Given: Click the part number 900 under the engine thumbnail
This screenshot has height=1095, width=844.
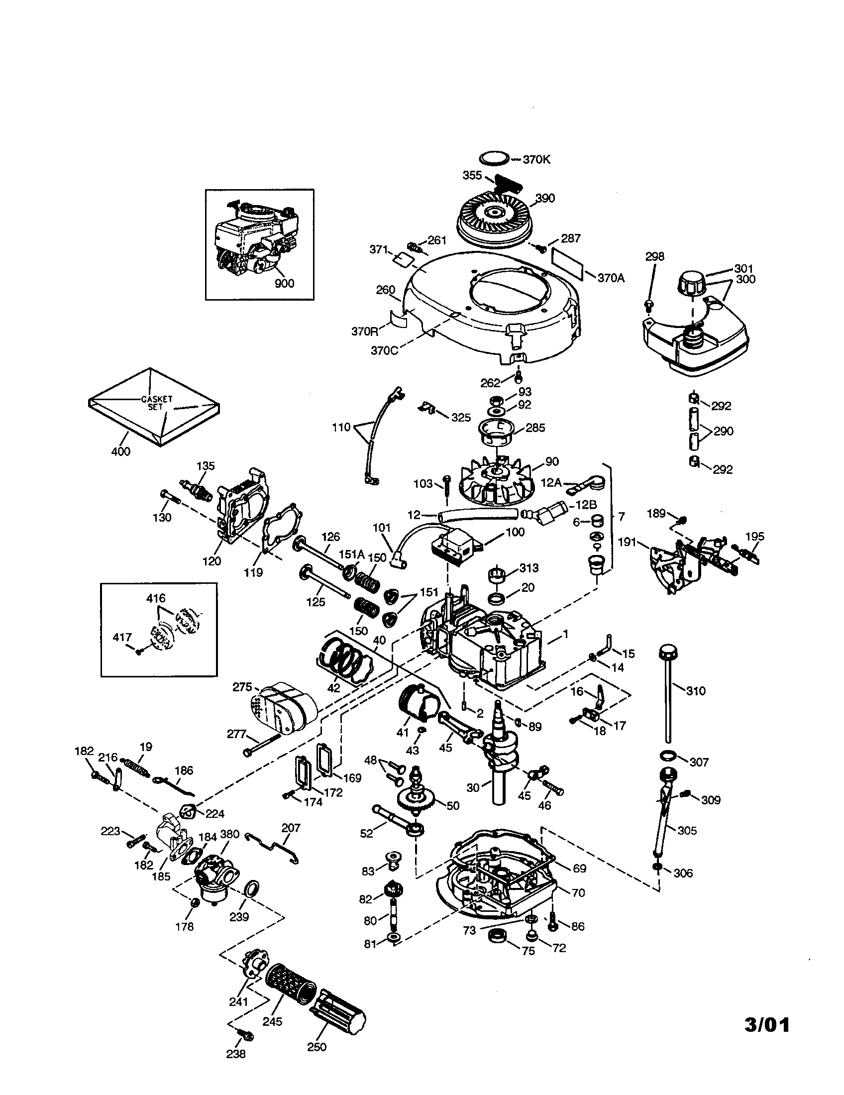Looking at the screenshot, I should click(x=284, y=283).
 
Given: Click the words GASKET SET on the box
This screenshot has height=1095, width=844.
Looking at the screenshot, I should click(x=156, y=403).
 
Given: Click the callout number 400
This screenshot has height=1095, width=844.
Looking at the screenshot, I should click(x=120, y=451).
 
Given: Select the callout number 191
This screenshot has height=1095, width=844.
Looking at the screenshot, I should click(x=628, y=542).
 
